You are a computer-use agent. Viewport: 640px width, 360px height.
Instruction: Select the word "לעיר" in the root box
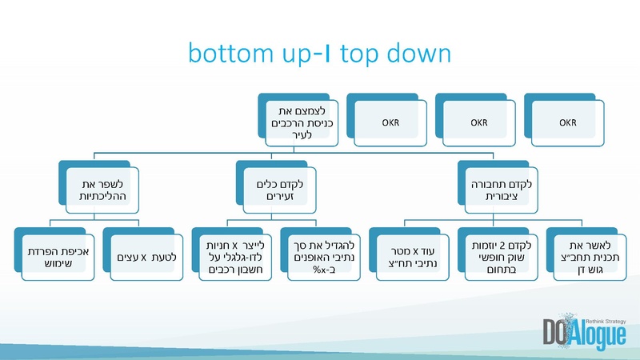click(301, 134)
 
